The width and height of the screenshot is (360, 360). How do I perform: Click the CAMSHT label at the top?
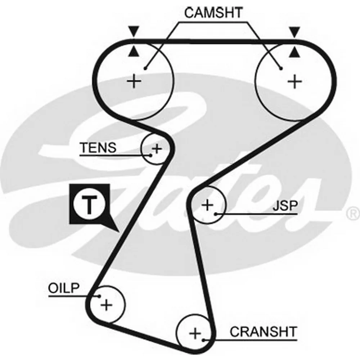(213, 13)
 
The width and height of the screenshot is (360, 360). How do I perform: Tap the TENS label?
(98, 148)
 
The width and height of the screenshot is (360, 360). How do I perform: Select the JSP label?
(285, 206)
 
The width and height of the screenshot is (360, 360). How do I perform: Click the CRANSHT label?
(264, 332)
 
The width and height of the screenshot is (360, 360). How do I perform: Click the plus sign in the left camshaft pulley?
(134, 81)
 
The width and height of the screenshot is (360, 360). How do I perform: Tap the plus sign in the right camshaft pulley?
(295, 81)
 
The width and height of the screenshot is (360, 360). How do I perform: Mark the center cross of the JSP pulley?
(207, 205)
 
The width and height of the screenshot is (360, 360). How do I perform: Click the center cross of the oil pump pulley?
(106, 305)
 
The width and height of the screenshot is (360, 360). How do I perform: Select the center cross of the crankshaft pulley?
(195, 333)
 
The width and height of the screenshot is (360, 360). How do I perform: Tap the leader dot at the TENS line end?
(150, 155)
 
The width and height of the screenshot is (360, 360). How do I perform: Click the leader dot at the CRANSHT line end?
(204, 340)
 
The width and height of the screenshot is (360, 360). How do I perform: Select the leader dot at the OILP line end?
(99, 296)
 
